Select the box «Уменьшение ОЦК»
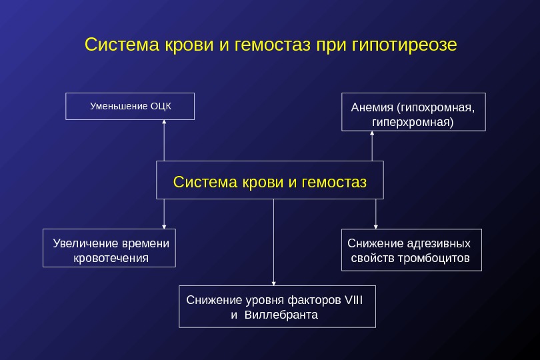point(130,106)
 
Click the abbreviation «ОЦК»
point(161,106)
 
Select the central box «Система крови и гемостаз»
point(270,180)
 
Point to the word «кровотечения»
point(111,258)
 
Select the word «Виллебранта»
point(281,314)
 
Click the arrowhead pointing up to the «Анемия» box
point(372,133)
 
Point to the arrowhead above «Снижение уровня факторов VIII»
point(273,283)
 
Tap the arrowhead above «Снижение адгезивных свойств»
point(376,227)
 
